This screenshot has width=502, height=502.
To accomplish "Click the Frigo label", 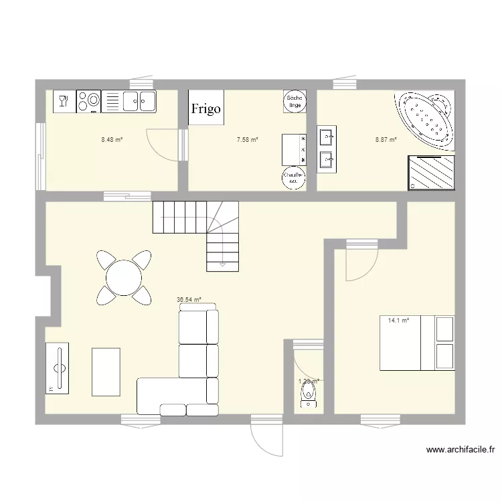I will pyautogui.click(x=205, y=109).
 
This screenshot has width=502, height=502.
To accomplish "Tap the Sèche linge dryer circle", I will pyautogui.click(x=295, y=101).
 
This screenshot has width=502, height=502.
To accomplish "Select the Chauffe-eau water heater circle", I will pyautogui.click(x=294, y=178).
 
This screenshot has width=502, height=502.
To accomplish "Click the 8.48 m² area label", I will pyautogui.click(x=112, y=140).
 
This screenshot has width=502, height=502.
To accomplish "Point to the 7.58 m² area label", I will pyautogui.click(x=247, y=140).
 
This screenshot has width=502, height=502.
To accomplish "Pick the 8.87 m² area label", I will pyautogui.click(x=386, y=140).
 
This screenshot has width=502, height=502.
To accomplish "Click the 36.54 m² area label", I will pyautogui.click(x=189, y=301).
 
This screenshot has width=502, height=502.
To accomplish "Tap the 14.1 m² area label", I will pyautogui.click(x=398, y=321).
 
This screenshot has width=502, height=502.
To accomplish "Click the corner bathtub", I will pyautogui.click(x=426, y=118).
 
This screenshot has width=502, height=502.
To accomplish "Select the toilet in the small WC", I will pyautogui.click(x=308, y=392).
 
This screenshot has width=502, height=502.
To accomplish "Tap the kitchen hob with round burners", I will pyautogui.click(x=88, y=101).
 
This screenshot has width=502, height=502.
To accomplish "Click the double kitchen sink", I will pyautogui.click(x=139, y=101).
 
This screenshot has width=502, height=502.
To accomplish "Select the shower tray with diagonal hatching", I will pyautogui.click(x=430, y=173).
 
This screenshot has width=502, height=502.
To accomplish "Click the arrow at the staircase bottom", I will pyautogui.click(x=222, y=265).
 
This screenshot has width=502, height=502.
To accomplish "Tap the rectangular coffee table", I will pyautogui.click(x=106, y=371).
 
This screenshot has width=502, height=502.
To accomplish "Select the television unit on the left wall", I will pyautogui.click(x=58, y=367).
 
